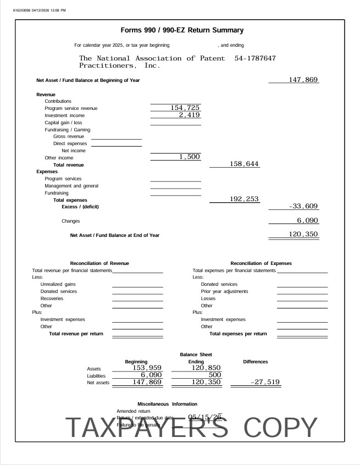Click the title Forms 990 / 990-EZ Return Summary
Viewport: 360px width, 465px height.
click(181, 30)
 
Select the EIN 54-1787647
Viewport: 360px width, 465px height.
click(255, 58)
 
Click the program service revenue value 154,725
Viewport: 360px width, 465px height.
click(181, 108)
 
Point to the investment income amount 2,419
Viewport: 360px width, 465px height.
click(189, 115)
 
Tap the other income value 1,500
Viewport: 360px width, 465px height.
click(189, 157)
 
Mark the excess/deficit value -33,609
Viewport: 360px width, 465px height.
click(303, 206)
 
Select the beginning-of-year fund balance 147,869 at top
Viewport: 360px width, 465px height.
click(303, 80)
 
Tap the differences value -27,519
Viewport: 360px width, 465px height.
click(265, 382)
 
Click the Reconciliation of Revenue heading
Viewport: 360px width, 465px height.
click(99, 263)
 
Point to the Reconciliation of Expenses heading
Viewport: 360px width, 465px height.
click(261, 263)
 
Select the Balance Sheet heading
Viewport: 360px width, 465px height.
click(196, 355)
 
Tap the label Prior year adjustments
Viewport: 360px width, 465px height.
click(224, 291)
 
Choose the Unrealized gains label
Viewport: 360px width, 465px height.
click(58, 284)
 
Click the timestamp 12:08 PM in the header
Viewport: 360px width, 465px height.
click(58, 10)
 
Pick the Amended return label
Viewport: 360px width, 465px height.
click(134, 411)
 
